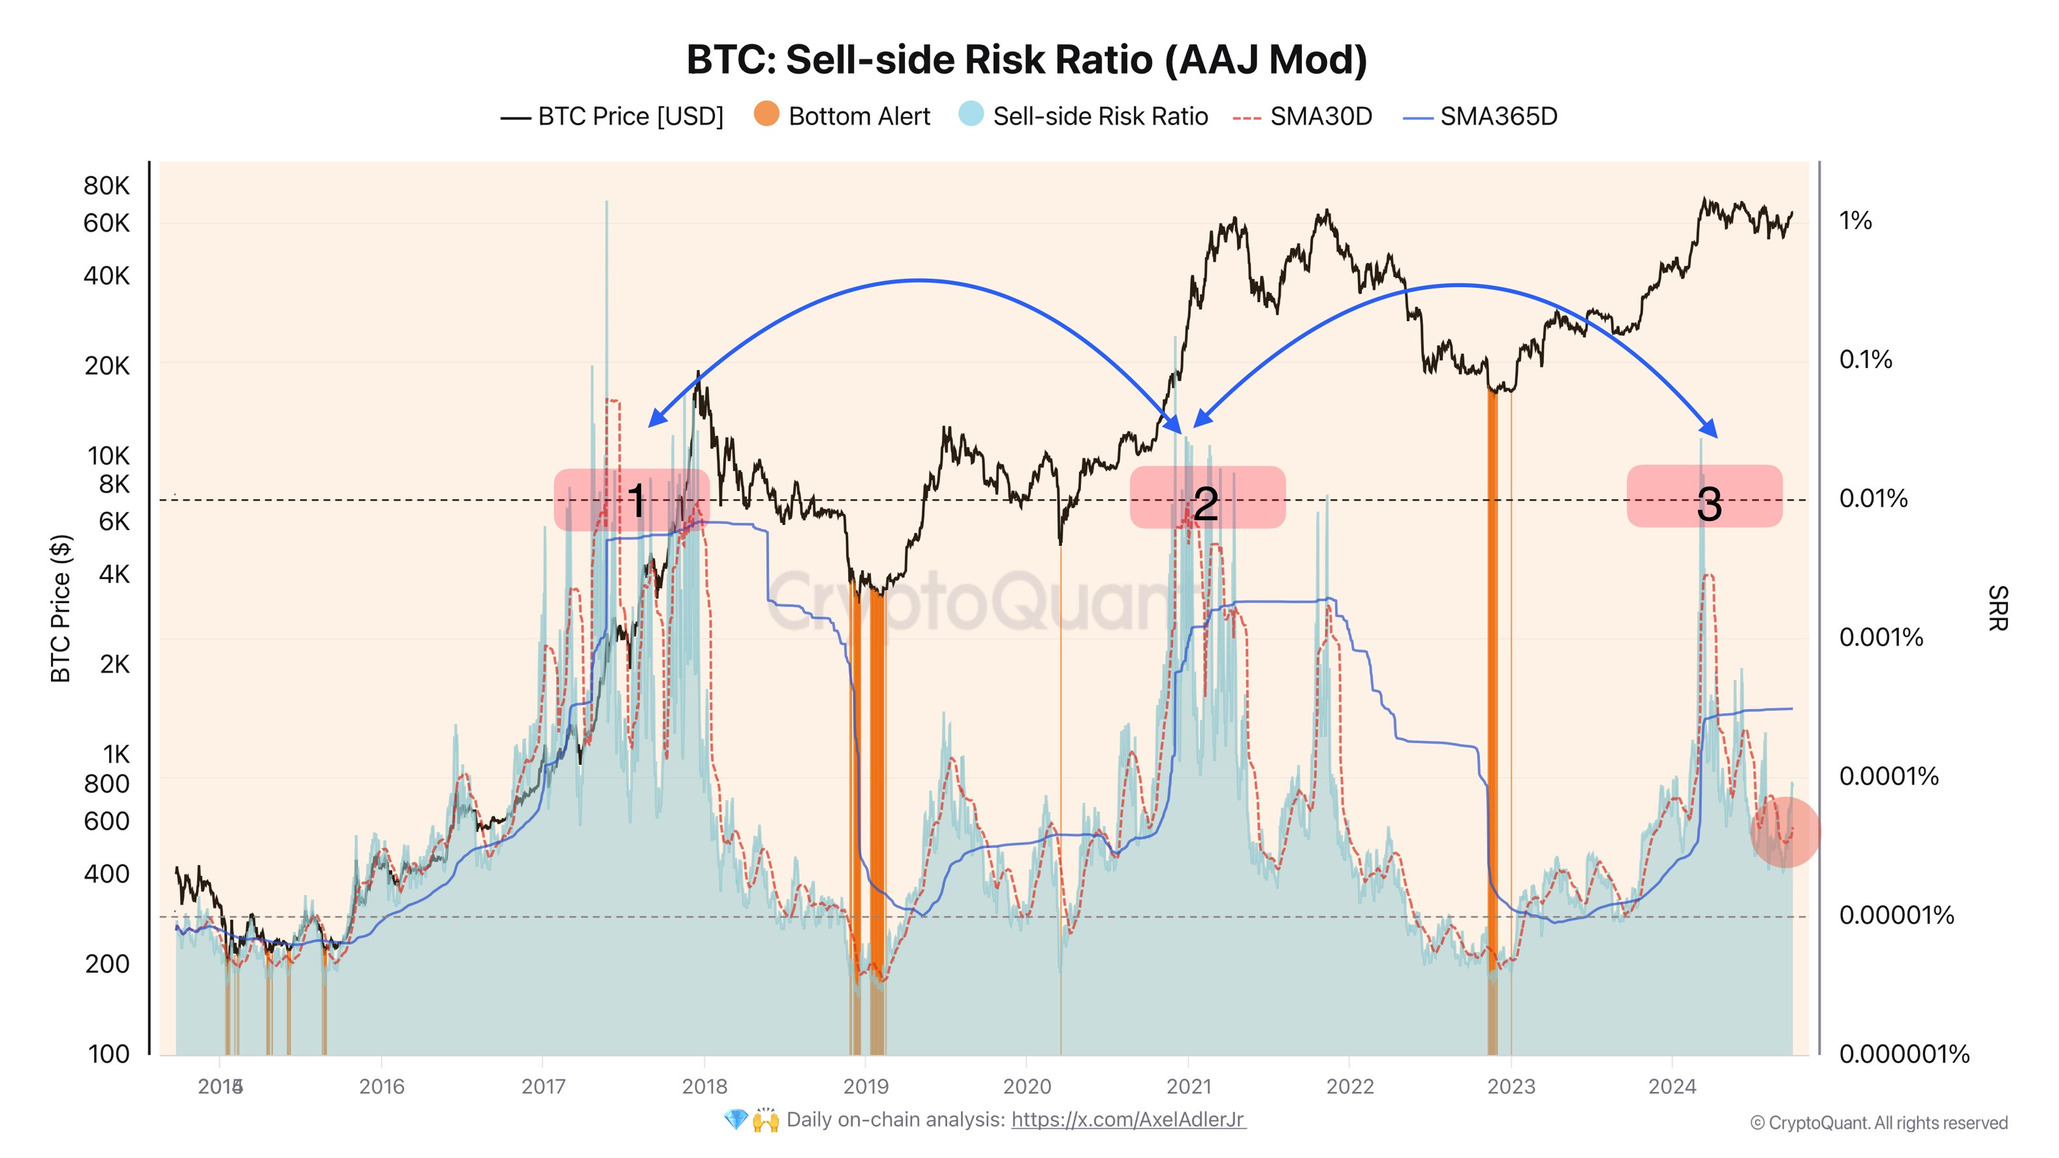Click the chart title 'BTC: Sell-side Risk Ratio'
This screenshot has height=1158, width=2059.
1026,60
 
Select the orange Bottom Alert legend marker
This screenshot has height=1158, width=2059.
766,114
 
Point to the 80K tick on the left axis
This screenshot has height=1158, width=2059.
106,185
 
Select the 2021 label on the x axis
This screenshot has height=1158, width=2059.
1189,1086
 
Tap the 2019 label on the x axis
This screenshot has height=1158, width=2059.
866,1086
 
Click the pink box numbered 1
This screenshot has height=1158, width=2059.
631,500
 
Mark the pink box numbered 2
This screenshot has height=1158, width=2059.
1207,498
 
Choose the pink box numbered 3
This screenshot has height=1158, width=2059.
1704,496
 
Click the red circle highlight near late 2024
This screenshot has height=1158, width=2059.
1784,832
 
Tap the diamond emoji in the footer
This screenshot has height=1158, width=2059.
734,1119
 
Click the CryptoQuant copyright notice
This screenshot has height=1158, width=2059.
1878,1123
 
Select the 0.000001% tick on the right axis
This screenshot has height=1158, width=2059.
1903,1054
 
